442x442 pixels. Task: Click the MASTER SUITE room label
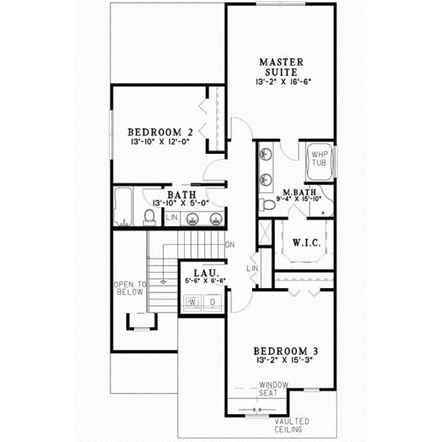tap(279, 66)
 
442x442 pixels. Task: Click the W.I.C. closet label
tap(305, 242)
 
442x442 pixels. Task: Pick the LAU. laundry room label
tap(203, 272)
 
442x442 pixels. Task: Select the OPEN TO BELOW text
tap(131, 287)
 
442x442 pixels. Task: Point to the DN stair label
tap(230, 245)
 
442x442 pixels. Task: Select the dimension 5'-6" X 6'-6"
tap(203, 281)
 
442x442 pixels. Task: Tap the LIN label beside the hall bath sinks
tap(172, 217)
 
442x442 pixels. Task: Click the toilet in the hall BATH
tap(149, 216)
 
